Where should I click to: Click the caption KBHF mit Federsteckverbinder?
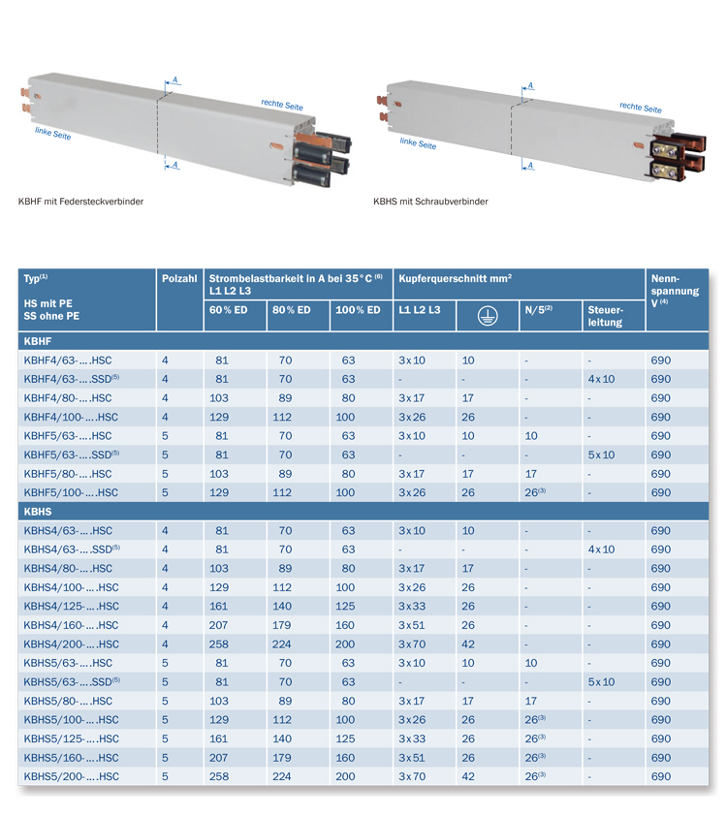(x=80, y=202)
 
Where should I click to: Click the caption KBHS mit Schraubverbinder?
(x=430, y=202)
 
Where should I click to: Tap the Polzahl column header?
(x=179, y=278)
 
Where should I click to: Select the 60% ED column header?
(x=228, y=310)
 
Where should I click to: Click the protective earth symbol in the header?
(x=488, y=315)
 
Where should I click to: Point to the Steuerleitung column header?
(x=605, y=316)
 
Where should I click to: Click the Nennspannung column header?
(x=675, y=291)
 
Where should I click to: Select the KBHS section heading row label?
(x=38, y=512)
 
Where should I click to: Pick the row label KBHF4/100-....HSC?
(x=71, y=417)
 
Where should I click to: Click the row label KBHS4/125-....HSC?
(x=72, y=607)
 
